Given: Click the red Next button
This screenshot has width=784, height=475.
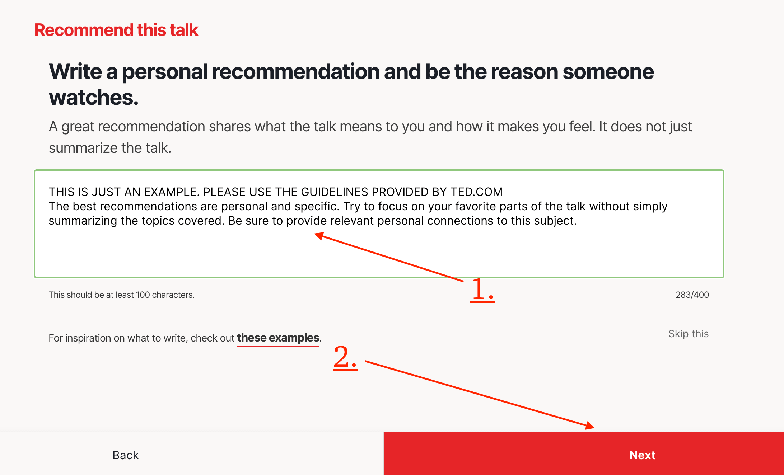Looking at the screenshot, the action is (584, 453).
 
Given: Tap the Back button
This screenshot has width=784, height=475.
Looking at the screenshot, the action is (126, 455).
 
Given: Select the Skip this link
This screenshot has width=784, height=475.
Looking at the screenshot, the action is (689, 334).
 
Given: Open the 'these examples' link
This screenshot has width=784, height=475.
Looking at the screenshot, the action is (278, 338).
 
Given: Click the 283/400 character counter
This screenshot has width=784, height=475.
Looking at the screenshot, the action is (692, 295).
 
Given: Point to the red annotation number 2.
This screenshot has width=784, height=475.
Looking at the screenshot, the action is (345, 357).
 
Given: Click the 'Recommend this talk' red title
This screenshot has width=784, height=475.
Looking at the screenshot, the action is (116, 30).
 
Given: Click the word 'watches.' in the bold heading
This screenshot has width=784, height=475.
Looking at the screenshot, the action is (94, 97).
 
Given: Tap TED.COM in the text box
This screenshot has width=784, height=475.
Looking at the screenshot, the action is (476, 192).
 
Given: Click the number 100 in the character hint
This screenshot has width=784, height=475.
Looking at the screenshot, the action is (143, 295).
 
